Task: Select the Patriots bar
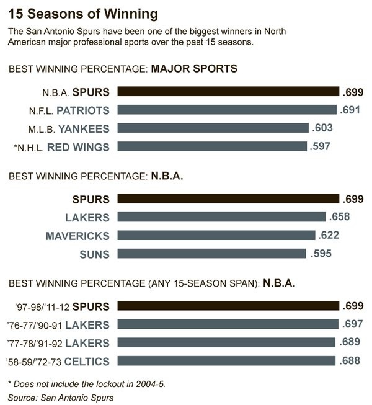pos(227,110)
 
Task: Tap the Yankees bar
pos(213,128)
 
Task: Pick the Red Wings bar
pos(211,147)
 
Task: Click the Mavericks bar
pos(216,236)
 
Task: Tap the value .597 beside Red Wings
pos(320,147)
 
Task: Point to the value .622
pos(328,236)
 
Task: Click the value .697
pos(352,324)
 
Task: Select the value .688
pos(349,361)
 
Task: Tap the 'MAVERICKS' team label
pos(77,236)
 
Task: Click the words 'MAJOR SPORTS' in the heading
pos(194,68)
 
